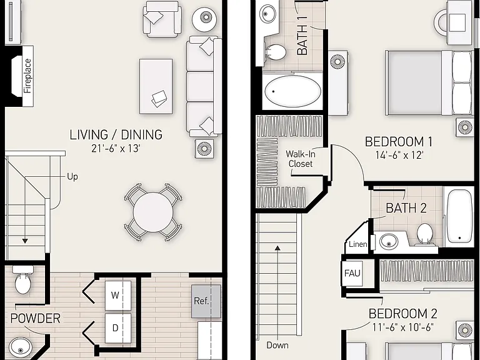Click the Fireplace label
[x=28, y=76]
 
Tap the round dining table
[x=153, y=212]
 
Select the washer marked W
[x=118, y=296]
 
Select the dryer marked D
[x=118, y=328]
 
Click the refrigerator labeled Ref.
[x=206, y=301]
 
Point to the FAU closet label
[x=352, y=272]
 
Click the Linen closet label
[x=358, y=244]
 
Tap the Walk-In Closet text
[x=300, y=159]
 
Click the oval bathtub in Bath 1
[x=293, y=91]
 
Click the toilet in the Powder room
[x=23, y=280]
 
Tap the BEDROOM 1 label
[x=399, y=142]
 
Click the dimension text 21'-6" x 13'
[x=116, y=149]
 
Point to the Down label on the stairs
[x=277, y=345]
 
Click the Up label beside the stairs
[x=72, y=177]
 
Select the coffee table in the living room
[x=156, y=86]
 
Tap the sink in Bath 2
[x=389, y=241]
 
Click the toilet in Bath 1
[x=276, y=52]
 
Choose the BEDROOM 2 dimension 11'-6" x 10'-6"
[x=403, y=327]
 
